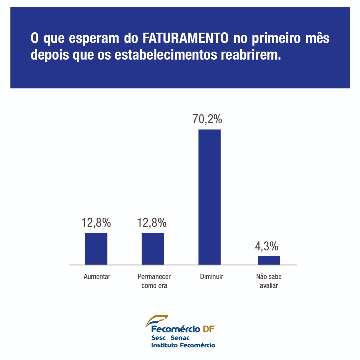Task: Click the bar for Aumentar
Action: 96,248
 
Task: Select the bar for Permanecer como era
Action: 153,248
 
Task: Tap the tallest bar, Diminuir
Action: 209,197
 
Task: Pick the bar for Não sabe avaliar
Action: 269,260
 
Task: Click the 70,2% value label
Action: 207,119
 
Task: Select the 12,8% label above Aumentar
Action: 96,223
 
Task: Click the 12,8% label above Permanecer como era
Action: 152,223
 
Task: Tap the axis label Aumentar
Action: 97,277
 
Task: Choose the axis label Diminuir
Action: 211,277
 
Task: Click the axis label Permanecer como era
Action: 154,281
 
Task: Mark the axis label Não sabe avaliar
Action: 269,281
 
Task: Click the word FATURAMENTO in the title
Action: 185,38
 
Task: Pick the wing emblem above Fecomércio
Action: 157,320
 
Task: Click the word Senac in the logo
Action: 180,338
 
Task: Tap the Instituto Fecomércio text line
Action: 183,345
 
